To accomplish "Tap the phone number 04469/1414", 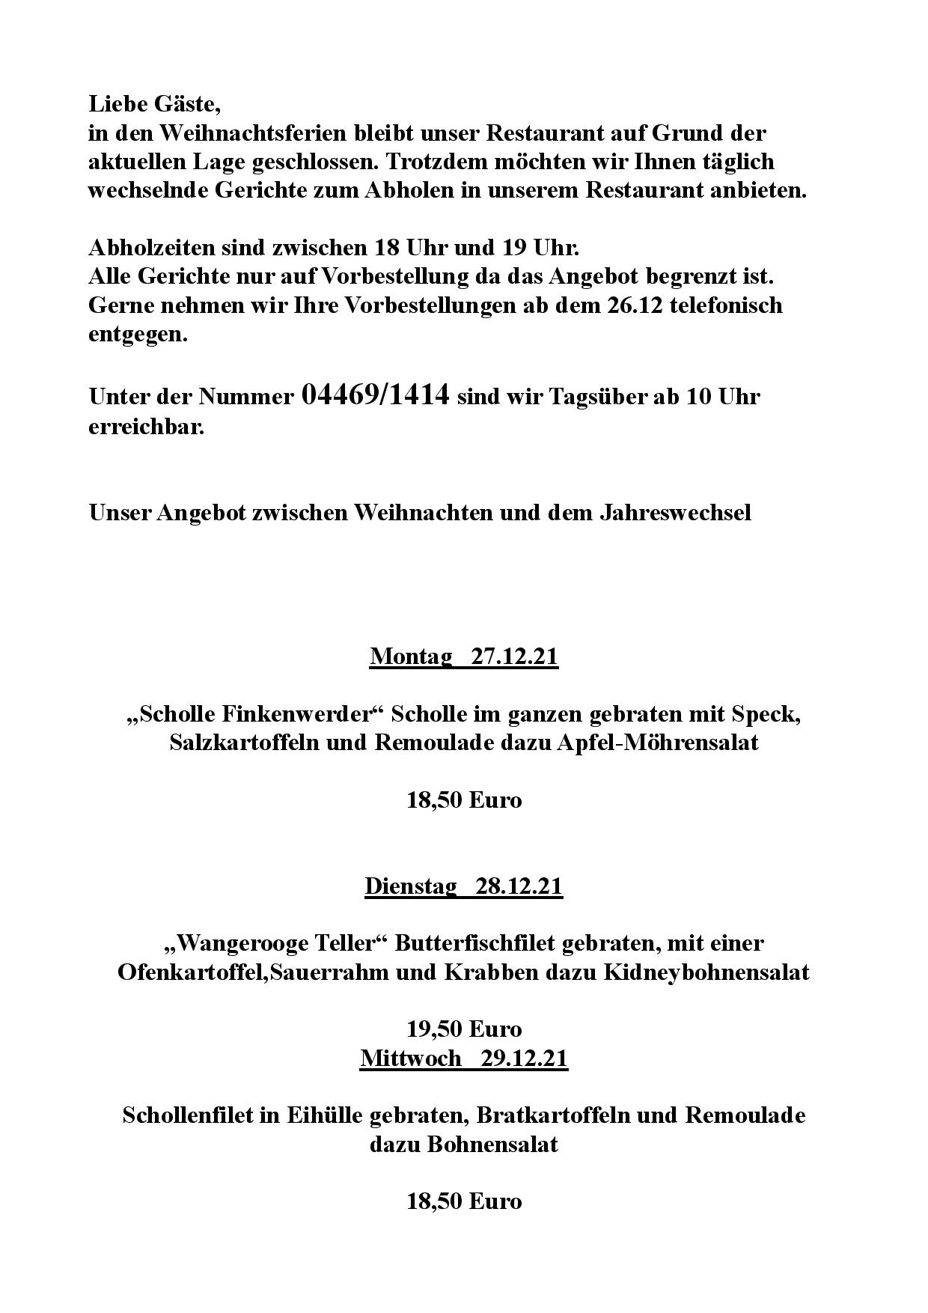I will tap(375, 394).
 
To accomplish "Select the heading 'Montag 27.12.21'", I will tap(463, 656).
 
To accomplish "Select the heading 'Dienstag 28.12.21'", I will tap(463, 886).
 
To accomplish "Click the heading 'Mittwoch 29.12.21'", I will tap(463, 1058).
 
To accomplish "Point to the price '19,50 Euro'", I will tap(463, 1029).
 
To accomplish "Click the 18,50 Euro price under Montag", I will tap(463, 800).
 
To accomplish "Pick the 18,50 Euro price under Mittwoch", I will tap(463, 1201).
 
